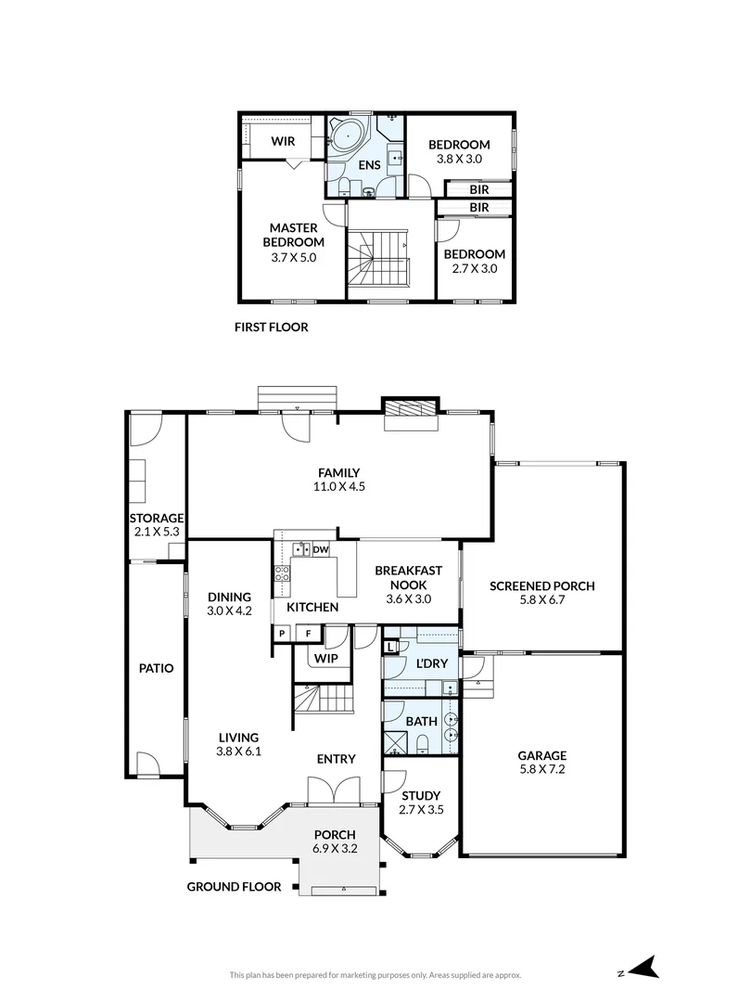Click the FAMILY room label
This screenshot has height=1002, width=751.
(x=338, y=472)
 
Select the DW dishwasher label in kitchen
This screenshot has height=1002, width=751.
(x=321, y=550)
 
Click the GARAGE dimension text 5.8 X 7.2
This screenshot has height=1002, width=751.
(x=542, y=768)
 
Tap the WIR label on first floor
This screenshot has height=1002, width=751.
(x=283, y=142)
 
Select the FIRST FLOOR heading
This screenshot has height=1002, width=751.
(x=271, y=328)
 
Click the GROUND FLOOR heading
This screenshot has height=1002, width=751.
(x=234, y=886)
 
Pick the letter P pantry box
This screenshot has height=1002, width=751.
(x=282, y=634)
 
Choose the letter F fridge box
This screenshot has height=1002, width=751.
(x=309, y=634)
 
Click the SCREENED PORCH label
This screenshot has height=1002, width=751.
(x=542, y=585)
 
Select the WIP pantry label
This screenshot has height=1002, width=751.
(x=325, y=659)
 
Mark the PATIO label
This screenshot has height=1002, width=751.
(x=157, y=667)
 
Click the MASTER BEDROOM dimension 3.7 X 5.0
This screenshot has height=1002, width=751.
(x=294, y=257)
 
